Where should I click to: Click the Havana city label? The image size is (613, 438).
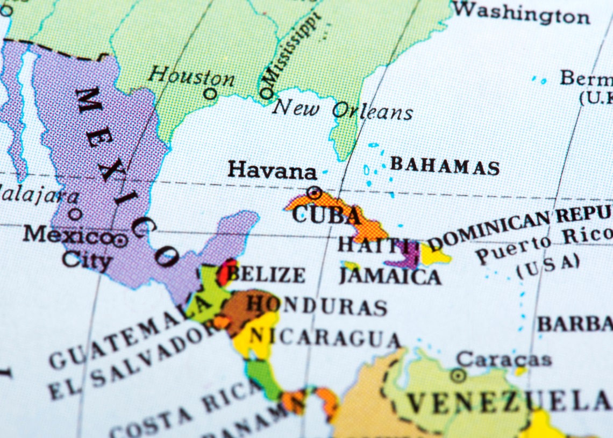point(272,170)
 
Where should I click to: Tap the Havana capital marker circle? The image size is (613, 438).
point(313,192)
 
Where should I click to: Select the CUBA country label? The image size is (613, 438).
point(326,214)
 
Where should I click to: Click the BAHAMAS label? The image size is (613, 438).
point(445,166)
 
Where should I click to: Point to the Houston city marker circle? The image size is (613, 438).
point(210,94)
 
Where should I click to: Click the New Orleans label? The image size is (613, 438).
point(342,110)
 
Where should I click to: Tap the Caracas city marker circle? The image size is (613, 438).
point(458,375)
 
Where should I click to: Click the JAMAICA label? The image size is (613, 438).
point(390,276)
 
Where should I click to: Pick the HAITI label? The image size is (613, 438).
point(371,245)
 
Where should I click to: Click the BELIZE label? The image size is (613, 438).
point(266,274)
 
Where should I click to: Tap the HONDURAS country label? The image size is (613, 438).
point(317,305)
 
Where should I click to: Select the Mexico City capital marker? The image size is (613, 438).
point(120,240)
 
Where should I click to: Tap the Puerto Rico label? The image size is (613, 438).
point(543,245)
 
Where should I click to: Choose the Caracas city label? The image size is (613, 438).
point(503,358)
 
